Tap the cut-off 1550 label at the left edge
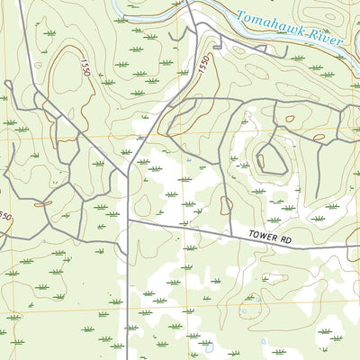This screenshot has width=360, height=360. pos(4,217)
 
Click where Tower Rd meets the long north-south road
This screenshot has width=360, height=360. pos(128,219)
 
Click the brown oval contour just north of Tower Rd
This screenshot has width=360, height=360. pos(225,204)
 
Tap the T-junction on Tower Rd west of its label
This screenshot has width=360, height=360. pos(231,230)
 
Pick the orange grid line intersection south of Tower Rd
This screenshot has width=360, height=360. pos(186,305)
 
